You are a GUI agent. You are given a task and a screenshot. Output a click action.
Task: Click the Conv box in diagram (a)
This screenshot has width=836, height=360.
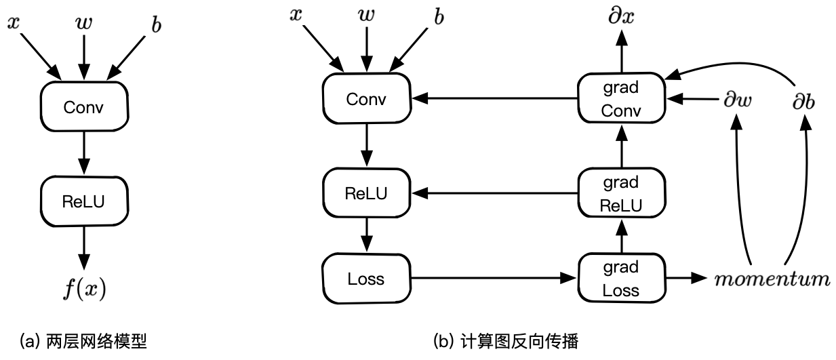point(84,107)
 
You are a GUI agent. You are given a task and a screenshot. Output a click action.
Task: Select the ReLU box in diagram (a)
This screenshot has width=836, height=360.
point(84,201)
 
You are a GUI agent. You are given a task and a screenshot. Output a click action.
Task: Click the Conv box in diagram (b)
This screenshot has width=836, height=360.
point(366,99)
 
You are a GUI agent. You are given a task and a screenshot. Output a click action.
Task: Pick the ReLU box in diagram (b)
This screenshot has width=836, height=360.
point(366,193)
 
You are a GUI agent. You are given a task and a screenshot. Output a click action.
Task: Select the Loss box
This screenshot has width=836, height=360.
point(366,279)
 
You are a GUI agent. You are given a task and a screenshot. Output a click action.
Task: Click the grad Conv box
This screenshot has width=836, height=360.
point(621,99)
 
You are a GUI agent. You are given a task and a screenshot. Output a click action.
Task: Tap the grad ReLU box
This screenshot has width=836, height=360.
point(621,193)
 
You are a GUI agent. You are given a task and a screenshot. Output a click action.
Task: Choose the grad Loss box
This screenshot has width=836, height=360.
point(621,279)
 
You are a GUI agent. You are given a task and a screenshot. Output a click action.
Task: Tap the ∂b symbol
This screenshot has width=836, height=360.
point(804,100)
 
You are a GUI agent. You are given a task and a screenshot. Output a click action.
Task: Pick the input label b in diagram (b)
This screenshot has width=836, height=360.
point(439,17)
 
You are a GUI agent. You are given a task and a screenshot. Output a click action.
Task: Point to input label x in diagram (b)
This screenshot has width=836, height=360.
point(295,15)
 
